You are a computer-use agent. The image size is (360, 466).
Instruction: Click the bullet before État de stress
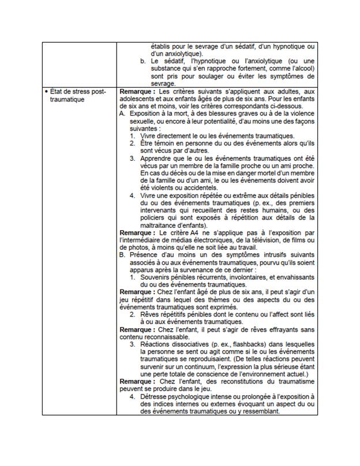tap(46, 92)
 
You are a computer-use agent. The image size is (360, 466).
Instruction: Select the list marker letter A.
tap(122, 114)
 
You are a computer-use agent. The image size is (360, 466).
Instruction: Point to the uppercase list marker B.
tap(122, 254)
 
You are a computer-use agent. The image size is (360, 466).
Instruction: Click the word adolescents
tap(137, 99)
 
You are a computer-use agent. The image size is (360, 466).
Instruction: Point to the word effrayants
tap(277, 329)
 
